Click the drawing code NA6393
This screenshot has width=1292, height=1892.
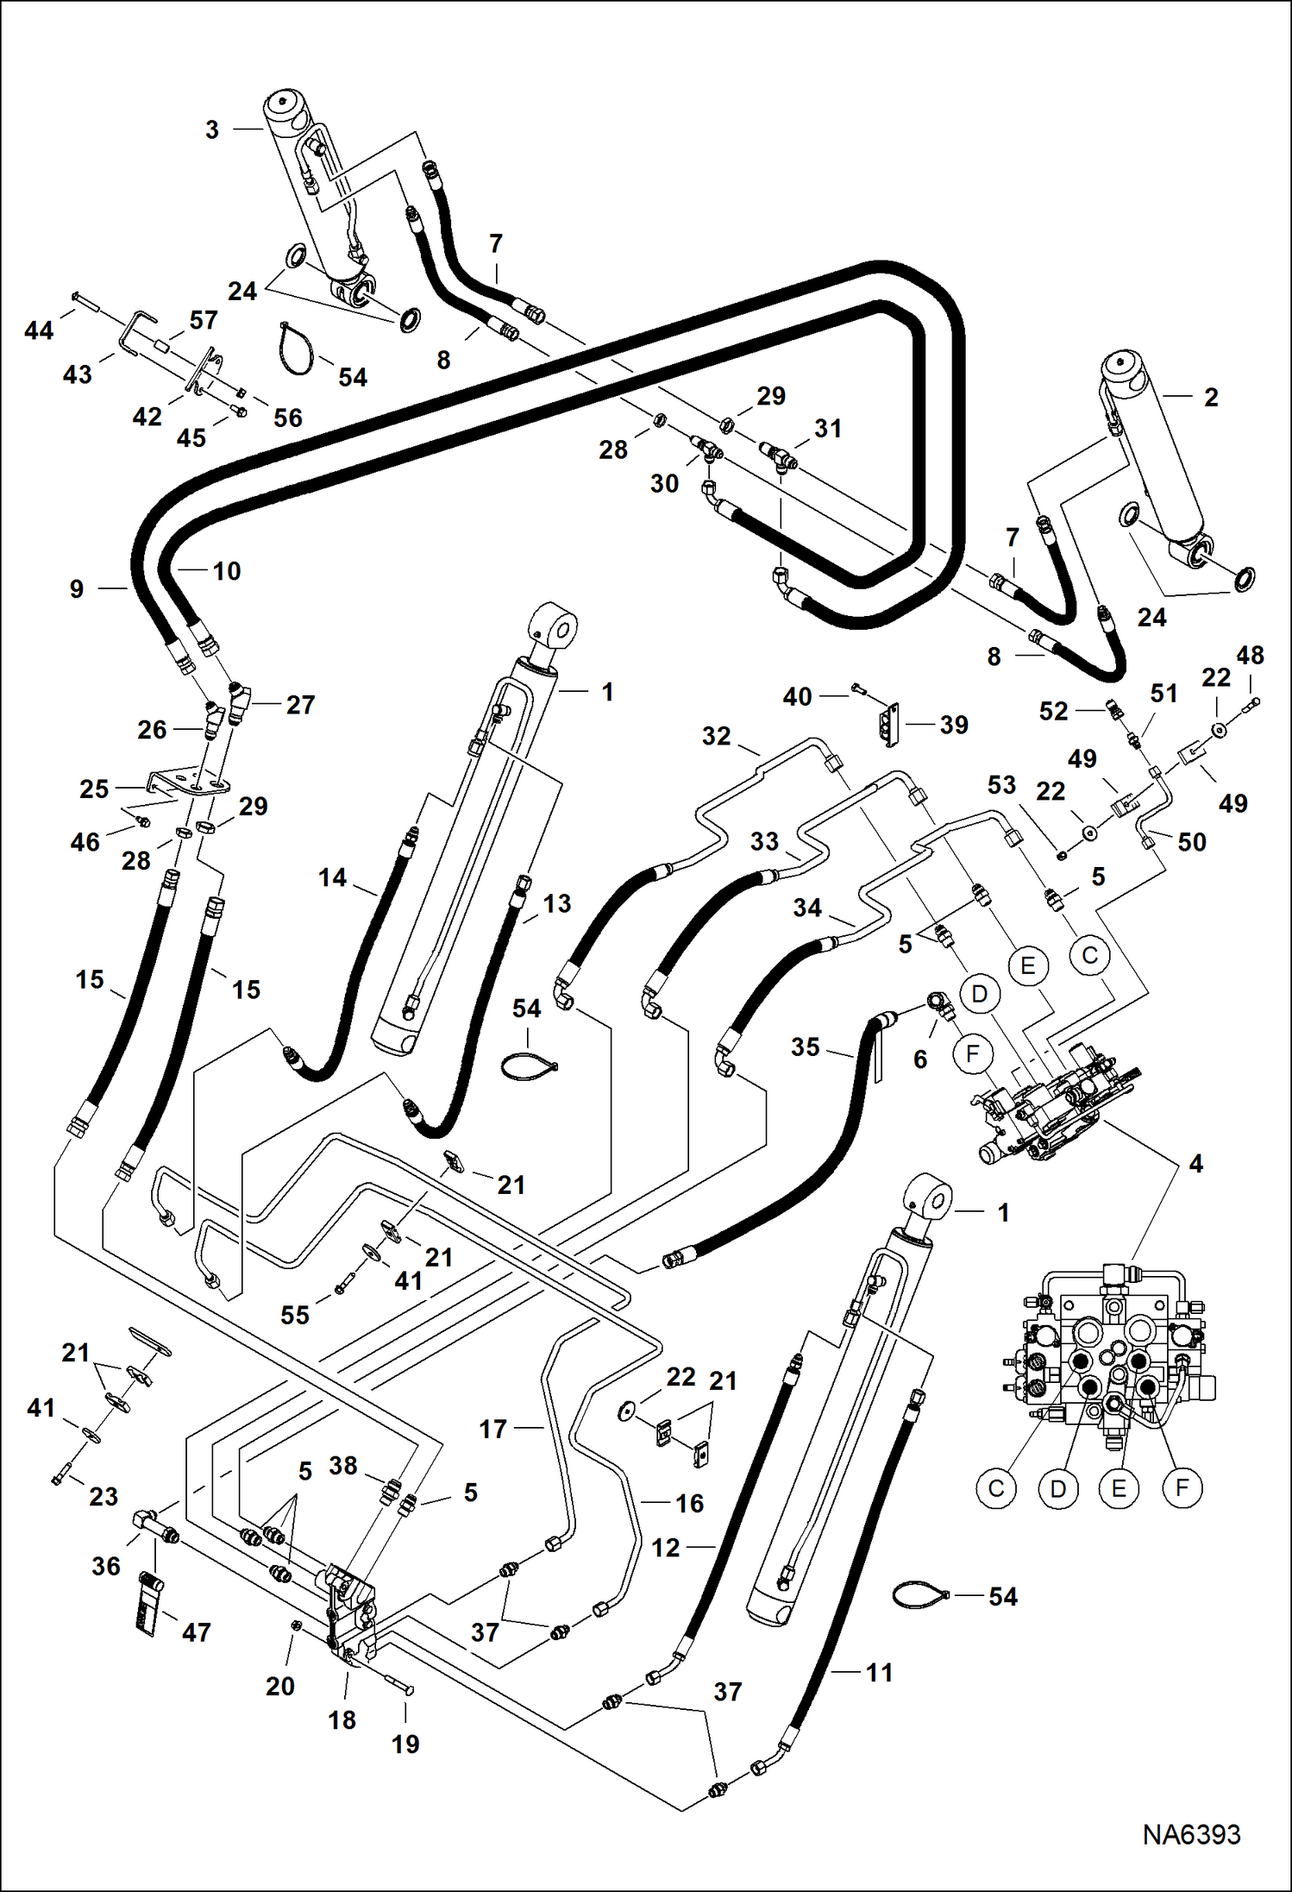tap(1191, 1833)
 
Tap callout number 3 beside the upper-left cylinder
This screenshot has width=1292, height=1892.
tap(212, 130)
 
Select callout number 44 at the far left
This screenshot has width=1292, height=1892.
tap(39, 330)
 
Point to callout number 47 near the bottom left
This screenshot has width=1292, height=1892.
tap(196, 1632)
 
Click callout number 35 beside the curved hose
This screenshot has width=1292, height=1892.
tap(805, 1047)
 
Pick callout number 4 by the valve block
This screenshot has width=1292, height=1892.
tap(1195, 1164)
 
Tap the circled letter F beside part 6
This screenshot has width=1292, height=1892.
tap(973, 1054)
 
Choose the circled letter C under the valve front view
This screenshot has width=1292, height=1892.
tap(996, 1488)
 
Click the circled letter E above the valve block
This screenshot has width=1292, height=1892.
tap(1027, 965)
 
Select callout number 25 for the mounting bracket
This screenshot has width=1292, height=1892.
tap(94, 789)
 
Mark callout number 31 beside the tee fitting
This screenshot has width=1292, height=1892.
tap(827, 429)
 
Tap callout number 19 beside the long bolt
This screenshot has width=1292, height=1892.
tap(405, 1744)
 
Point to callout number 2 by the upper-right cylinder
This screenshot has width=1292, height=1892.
tap(1211, 398)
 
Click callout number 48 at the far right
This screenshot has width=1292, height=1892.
tap(1250, 656)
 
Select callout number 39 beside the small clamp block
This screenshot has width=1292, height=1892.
tap(953, 725)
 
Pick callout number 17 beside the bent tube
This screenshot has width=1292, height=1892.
tap(492, 1430)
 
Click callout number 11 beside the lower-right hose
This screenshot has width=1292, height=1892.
tap(879, 1673)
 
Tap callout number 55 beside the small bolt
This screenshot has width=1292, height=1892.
tap(294, 1316)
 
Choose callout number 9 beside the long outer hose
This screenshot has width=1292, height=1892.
tap(77, 589)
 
